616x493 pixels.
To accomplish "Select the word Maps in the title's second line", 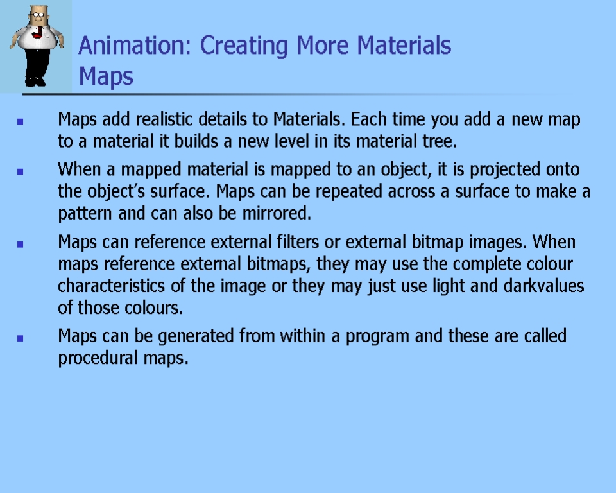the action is click(106, 76).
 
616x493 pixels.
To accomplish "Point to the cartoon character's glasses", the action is click(38, 15).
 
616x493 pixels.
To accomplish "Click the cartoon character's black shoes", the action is click(35, 82).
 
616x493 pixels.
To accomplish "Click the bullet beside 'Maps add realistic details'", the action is click(21, 122).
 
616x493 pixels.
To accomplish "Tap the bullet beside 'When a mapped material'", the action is click(21, 171).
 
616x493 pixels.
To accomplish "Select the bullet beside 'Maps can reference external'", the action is click(21, 244).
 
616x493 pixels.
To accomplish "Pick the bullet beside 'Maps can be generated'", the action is click(21, 338).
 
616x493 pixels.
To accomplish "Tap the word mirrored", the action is click(277, 213).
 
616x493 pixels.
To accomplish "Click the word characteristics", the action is click(111, 286).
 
